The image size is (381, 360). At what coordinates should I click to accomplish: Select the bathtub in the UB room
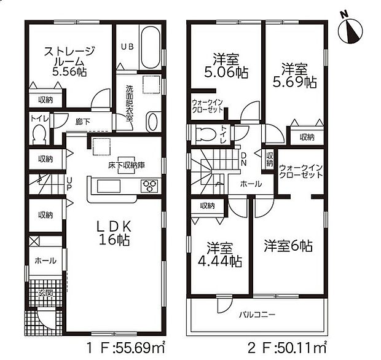[x=150, y=47]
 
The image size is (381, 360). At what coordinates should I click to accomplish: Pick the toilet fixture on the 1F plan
[x=39, y=133]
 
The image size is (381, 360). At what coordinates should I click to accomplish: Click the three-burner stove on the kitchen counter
[x=149, y=184]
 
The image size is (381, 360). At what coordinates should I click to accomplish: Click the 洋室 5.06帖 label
[x=227, y=66]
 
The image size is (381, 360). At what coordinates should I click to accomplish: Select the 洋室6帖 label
[x=288, y=246]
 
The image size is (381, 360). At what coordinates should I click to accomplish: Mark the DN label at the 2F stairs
[x=243, y=159]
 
